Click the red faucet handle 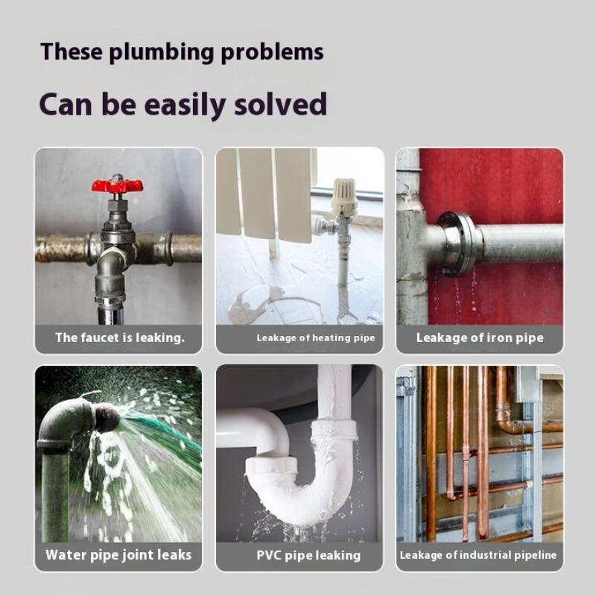pyautogui.click(x=117, y=186)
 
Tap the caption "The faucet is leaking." pyautogui.click(x=119, y=337)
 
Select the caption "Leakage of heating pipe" pyautogui.click(x=315, y=338)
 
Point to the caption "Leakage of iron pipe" pyautogui.click(x=480, y=337)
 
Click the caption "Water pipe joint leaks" pyautogui.click(x=118, y=554)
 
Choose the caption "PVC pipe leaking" pyautogui.click(x=308, y=555)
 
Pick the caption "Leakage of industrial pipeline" pyautogui.click(x=478, y=555)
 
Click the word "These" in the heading pyautogui.click(x=71, y=52)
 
